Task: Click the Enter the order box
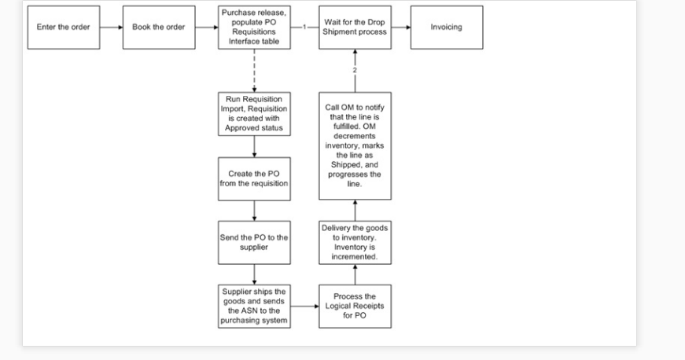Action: (64, 28)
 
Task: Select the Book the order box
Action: (158, 28)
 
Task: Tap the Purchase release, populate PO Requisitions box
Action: (254, 28)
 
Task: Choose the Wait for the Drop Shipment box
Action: (355, 28)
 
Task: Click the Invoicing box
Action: (446, 28)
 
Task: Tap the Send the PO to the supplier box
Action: (254, 241)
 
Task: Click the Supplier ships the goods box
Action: (254, 306)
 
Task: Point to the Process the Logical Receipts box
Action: (355, 306)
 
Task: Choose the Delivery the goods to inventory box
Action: (355, 241)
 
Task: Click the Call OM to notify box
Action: (355, 145)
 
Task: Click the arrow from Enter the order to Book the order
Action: (110, 28)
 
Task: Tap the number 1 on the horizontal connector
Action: (304, 28)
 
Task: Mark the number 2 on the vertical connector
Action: (355, 71)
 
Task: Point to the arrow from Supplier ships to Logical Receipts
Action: (304, 306)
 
